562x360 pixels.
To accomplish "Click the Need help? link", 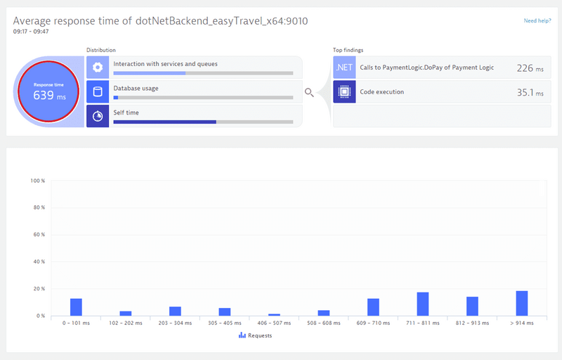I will (x=537, y=21).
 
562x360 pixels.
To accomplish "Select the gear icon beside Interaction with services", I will (x=98, y=67).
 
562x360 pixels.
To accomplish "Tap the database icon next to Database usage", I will (x=98, y=91).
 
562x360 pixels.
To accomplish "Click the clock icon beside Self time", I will (x=98, y=116).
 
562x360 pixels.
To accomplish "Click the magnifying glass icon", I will (x=309, y=92).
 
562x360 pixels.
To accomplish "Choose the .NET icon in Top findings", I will (x=344, y=67).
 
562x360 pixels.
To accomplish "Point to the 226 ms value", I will (x=525, y=68).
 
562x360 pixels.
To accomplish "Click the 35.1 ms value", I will (x=525, y=92).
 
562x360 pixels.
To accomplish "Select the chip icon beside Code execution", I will (x=344, y=92).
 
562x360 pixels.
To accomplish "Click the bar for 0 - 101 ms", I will (x=76, y=307).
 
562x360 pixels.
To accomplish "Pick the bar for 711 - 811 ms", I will (x=423, y=304).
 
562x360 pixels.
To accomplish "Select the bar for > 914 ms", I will (x=522, y=303).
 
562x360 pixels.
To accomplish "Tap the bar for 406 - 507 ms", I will (x=274, y=314).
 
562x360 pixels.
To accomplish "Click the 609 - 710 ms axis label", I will (x=373, y=323).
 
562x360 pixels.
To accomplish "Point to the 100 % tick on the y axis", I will (x=38, y=181).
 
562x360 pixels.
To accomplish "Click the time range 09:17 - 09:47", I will (x=32, y=32).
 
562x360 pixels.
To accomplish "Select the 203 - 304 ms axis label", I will (x=175, y=323).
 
